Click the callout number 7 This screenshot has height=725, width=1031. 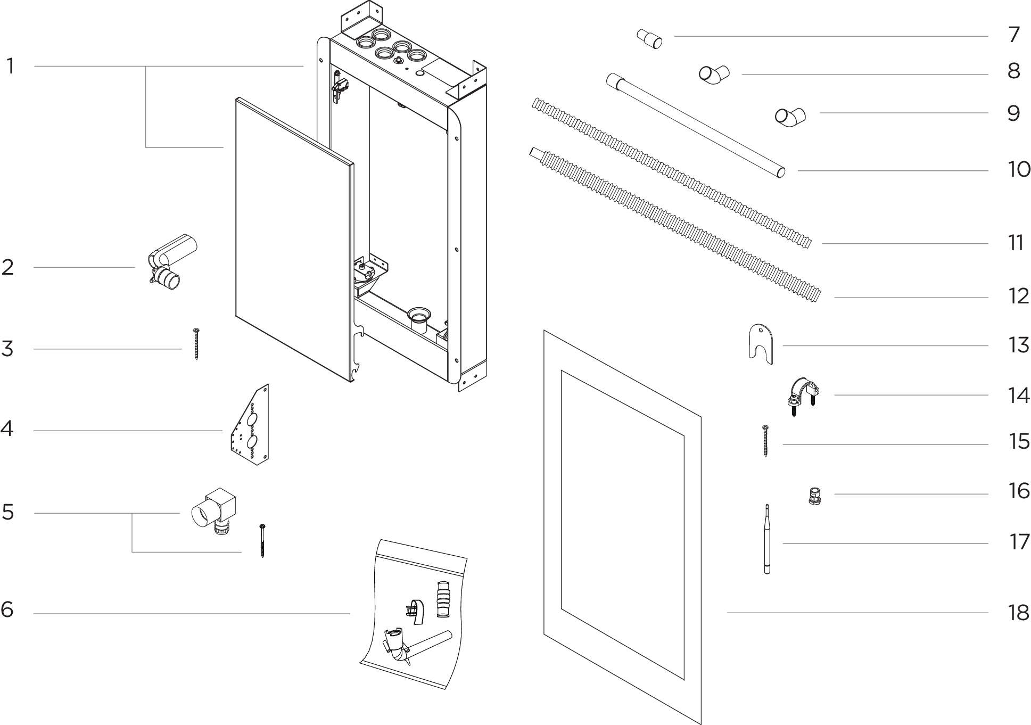(1013, 35)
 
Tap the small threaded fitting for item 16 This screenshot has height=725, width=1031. (813, 496)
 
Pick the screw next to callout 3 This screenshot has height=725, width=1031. (196, 344)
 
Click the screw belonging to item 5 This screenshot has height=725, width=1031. (262, 540)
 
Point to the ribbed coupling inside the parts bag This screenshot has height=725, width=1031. (443, 599)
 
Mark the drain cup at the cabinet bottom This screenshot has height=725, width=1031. (418, 321)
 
